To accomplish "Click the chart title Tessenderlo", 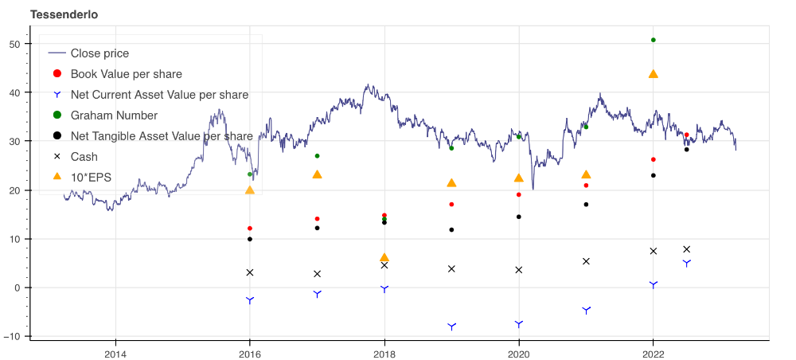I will (65, 15).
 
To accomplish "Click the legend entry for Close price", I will (99, 53).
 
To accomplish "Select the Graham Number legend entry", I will (114, 115).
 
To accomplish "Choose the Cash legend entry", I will (84, 157).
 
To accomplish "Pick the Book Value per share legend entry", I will (127, 74).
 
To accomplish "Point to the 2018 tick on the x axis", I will (384, 353).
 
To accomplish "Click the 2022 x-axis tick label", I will (654, 353).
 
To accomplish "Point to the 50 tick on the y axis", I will (14, 44).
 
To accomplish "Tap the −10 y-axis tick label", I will (13, 336).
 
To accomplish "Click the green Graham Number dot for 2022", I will (654, 40).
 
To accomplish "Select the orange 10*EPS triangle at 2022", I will (654, 74).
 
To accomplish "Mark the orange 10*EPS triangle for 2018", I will (384, 258).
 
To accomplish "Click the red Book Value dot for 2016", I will (250, 229).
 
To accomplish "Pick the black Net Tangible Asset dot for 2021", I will (586, 205).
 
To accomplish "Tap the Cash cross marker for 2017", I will (318, 274).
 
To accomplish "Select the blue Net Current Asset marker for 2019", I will (452, 327).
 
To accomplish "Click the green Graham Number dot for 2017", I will (318, 156).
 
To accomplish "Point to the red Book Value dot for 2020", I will (519, 195).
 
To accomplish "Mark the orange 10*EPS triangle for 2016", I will (250, 190).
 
